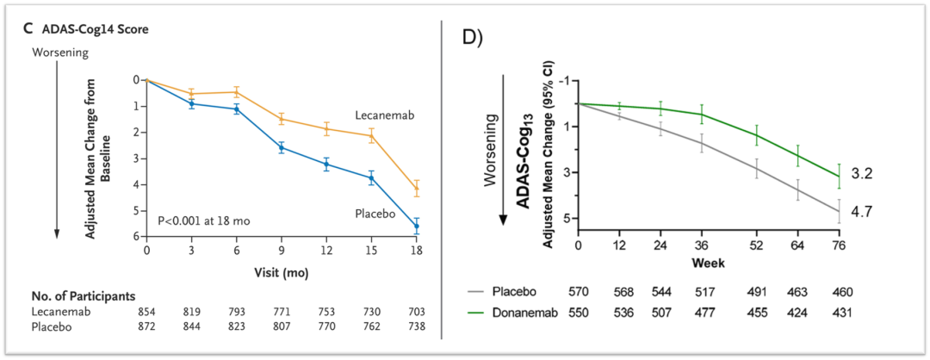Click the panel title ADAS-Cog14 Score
pyautogui.click(x=96, y=30)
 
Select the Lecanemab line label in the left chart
pyautogui.click(x=385, y=115)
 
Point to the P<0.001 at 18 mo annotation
pyautogui.click(x=204, y=221)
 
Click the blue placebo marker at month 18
pyautogui.click(x=417, y=227)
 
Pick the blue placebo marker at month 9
pyautogui.click(x=282, y=147)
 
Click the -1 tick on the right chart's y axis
pyautogui.click(x=566, y=80)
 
